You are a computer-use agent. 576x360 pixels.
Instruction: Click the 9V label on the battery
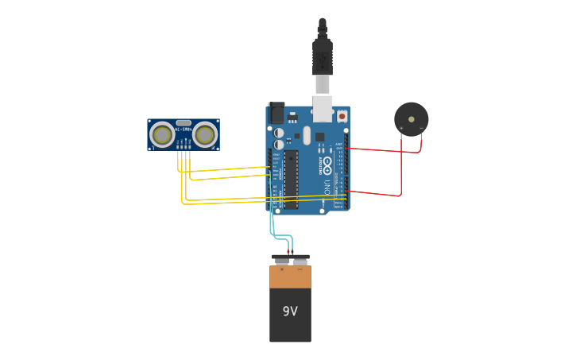coord(290,312)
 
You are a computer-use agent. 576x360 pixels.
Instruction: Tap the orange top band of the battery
coord(290,277)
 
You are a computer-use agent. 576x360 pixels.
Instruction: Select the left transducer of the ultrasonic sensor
coord(162,135)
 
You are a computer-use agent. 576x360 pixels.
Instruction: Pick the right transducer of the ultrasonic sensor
coord(204,135)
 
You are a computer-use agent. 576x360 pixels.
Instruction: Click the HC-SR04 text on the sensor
coord(183,130)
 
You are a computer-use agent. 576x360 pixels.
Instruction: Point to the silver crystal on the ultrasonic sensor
coord(184,123)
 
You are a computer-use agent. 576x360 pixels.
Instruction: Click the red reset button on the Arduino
coord(342,115)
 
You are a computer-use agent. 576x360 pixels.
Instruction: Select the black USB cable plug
coord(322,56)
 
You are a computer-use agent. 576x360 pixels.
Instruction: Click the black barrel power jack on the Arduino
coord(276,113)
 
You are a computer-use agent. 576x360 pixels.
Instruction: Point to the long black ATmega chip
coord(291,179)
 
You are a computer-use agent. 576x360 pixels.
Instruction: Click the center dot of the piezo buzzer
coord(411,119)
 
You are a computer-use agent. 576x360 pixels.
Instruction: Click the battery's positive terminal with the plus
coord(280,260)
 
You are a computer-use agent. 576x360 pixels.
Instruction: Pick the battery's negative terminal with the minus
coord(300,261)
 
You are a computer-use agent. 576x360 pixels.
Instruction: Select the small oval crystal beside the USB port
coord(307,135)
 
